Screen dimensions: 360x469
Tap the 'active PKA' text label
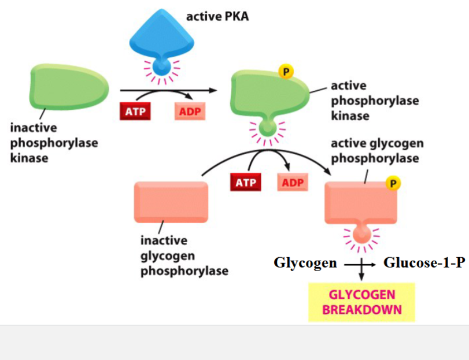pyautogui.click(x=217, y=16)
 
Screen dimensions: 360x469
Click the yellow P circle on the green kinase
pyautogui.click(x=286, y=72)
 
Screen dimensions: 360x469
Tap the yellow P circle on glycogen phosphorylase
pyautogui.click(x=393, y=184)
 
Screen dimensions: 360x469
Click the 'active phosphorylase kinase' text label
pyautogui.click(x=374, y=101)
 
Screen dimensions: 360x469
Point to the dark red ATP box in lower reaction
pyautogui.click(x=245, y=183)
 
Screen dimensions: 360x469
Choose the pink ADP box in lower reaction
pyautogui.click(x=293, y=183)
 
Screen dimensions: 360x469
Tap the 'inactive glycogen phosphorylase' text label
pyautogui.click(x=184, y=255)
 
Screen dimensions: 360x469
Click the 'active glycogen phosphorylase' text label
pyautogui.click(x=377, y=150)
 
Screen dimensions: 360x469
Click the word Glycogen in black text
pyautogui.click(x=305, y=263)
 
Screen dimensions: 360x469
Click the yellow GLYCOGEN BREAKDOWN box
pyautogui.click(x=361, y=302)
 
